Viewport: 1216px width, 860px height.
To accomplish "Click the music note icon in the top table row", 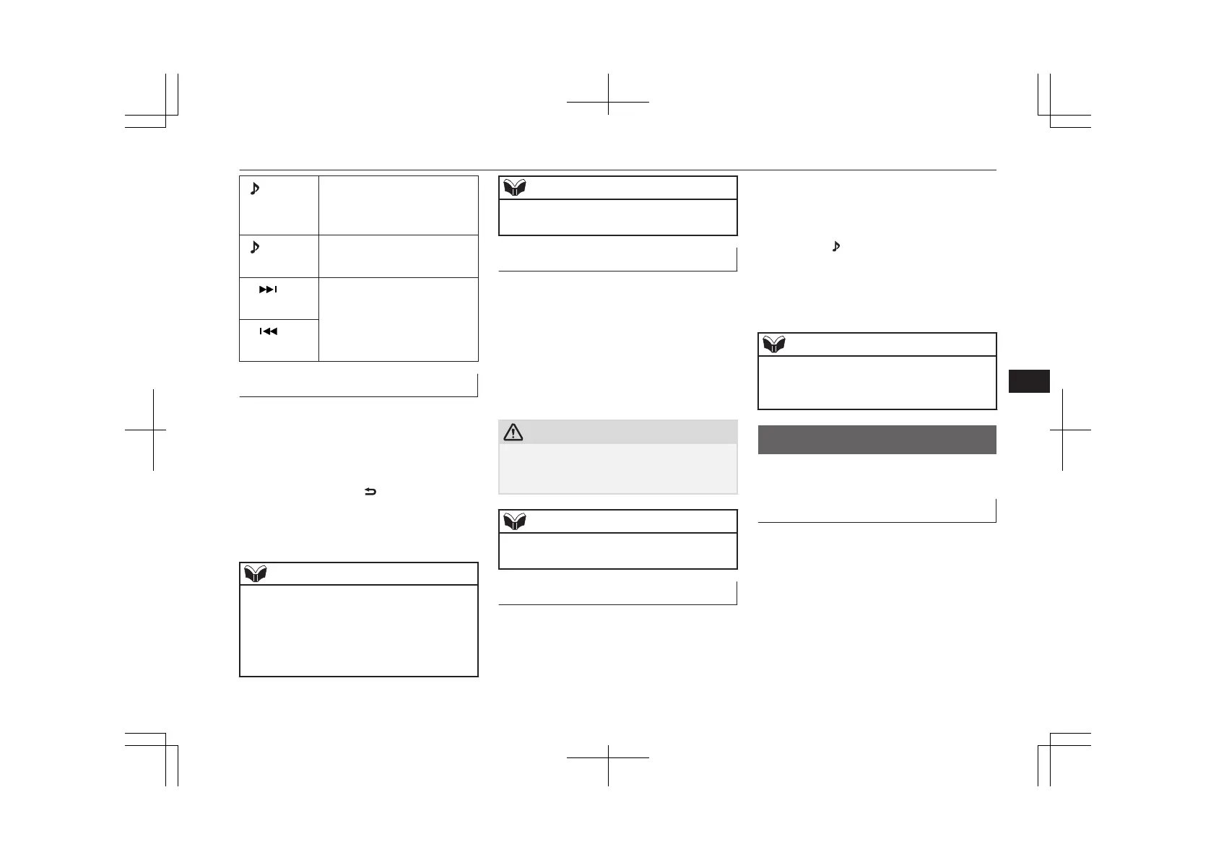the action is tap(254, 189).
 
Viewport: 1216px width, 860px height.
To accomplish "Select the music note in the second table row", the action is tap(254, 248).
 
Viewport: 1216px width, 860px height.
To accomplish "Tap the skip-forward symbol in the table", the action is tap(268, 290).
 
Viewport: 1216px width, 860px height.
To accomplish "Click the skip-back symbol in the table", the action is tap(268, 331).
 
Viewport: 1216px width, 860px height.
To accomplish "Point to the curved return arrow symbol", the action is tap(370, 492).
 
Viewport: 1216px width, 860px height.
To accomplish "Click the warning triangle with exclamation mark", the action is tap(513, 432).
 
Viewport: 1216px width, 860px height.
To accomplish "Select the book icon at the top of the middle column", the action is tap(514, 188).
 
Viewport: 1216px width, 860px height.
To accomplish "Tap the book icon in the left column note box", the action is tap(255, 574).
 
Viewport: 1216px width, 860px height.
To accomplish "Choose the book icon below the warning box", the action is tap(514, 521).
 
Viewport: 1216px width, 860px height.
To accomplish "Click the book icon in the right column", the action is tap(773, 344).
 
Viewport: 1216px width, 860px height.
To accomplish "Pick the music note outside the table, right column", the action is tap(836, 246).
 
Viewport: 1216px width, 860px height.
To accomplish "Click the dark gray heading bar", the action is tap(877, 440).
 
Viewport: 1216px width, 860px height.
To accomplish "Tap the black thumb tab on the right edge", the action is tap(1029, 381).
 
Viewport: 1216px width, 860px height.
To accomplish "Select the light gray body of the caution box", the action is tap(618, 468).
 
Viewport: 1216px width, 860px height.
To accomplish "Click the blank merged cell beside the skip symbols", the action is tap(399, 319).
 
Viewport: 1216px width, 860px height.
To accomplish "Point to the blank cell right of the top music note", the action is tap(399, 205).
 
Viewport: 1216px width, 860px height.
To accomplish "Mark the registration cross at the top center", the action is tap(608, 103).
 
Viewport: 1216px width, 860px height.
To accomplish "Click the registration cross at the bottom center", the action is tap(608, 757).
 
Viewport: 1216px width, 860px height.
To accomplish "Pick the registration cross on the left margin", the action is tap(153, 430).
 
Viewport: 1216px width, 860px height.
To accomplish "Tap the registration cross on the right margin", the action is tap(1062, 430).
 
